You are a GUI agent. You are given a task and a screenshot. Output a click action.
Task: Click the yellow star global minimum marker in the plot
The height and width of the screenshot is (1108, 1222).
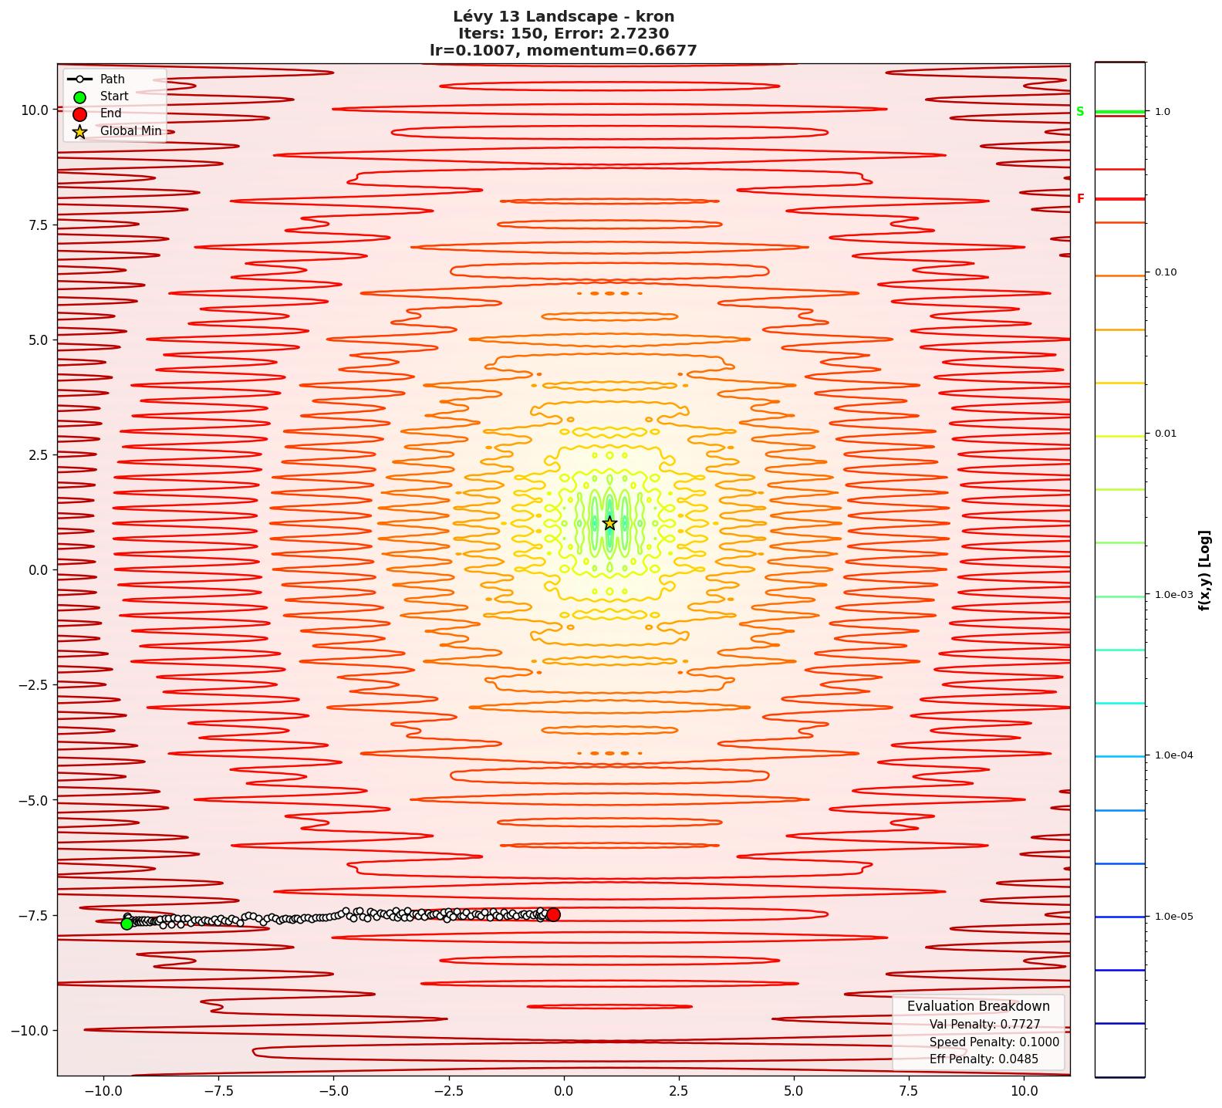(609, 523)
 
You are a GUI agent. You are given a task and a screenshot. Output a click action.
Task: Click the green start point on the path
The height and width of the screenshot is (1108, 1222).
(127, 924)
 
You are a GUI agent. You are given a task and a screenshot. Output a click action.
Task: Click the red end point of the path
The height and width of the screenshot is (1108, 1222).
(553, 914)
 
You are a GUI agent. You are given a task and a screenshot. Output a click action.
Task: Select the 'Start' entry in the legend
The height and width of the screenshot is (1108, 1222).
(113, 96)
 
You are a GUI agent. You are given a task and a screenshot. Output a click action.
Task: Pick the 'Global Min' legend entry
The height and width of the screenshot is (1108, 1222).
(130, 131)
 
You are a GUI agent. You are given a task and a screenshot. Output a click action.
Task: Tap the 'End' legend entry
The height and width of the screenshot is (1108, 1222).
(110, 113)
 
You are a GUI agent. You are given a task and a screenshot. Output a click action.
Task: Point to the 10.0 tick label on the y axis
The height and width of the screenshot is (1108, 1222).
(34, 110)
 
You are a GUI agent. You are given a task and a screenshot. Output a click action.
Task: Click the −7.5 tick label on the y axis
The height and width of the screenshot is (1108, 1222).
(32, 915)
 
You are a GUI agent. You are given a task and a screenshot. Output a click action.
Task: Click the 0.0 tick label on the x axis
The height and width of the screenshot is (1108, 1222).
(563, 1091)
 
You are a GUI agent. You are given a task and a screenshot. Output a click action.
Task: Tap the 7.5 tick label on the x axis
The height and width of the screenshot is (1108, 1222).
(909, 1091)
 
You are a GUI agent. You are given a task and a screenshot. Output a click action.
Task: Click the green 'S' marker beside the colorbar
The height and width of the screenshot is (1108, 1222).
(1080, 112)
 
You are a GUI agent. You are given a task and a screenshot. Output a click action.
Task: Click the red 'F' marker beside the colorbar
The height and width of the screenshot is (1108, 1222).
(1080, 199)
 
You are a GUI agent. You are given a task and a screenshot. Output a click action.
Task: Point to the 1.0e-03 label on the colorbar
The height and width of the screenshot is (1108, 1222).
(1173, 595)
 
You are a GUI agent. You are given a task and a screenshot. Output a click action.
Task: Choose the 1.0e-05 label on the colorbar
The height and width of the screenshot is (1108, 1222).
(1173, 917)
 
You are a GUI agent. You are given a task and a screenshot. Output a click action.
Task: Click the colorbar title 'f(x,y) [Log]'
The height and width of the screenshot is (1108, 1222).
(1204, 570)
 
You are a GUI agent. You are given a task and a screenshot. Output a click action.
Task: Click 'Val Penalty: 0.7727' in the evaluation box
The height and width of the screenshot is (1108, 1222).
(984, 1025)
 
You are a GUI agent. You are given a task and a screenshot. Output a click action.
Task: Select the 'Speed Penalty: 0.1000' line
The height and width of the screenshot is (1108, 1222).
(994, 1042)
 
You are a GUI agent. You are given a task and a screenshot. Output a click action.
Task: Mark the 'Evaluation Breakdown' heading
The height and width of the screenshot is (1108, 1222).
(978, 1006)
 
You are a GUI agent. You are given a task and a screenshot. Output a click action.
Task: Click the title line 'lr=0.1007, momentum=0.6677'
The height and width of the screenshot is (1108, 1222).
(563, 51)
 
